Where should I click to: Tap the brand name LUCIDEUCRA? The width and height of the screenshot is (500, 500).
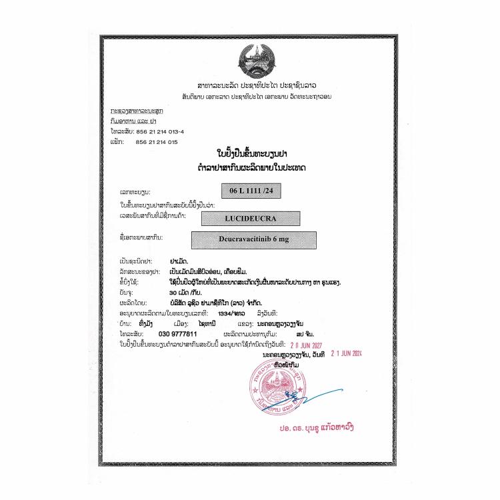click(x=250, y=217)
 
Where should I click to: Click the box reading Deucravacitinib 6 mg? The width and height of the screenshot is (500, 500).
click(x=254, y=239)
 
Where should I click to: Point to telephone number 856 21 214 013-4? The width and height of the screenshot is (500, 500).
click(x=164, y=132)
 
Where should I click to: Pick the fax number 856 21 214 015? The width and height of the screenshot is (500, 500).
click(x=157, y=142)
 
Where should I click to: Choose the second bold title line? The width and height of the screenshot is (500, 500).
click(x=251, y=165)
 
